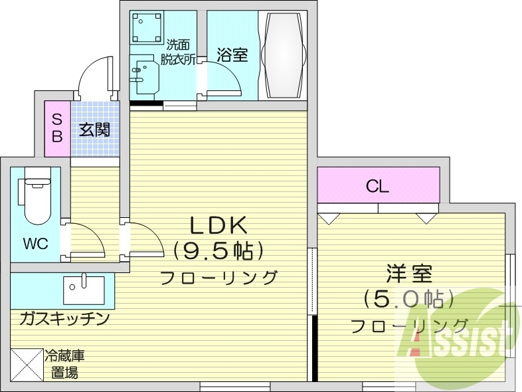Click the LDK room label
[219, 226]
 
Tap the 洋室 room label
[410, 274]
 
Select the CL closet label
[378, 187]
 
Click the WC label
[36, 244]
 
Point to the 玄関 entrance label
[94, 130]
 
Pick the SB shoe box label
[57, 128]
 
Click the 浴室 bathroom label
[232, 55]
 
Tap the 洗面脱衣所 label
[178, 52]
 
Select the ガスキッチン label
[64, 320]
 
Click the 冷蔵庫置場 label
[64, 364]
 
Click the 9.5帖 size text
[219, 250]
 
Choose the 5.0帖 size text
[408, 299]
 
